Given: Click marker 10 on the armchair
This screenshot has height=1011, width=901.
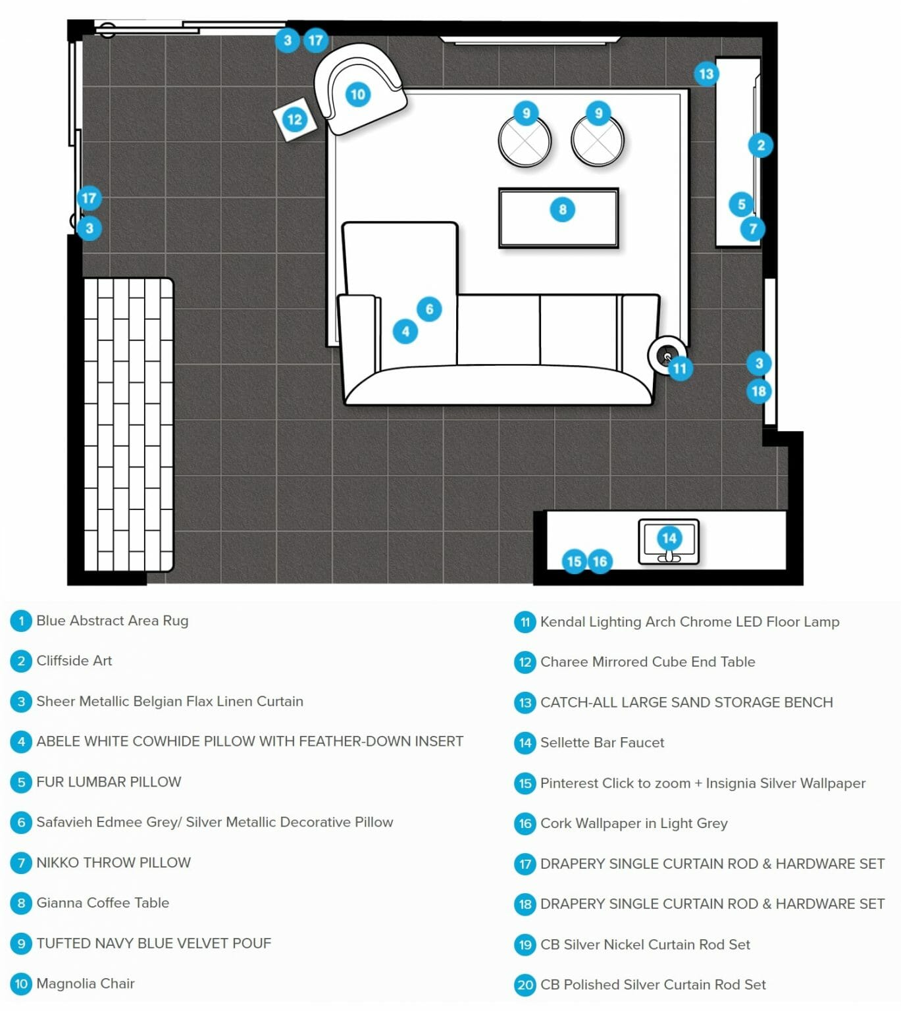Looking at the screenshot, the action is (x=358, y=94).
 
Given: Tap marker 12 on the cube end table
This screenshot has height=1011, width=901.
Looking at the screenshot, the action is (x=294, y=119).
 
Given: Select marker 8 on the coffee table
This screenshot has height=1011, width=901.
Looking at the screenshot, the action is (x=562, y=209).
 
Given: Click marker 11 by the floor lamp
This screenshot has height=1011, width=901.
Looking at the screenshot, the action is (x=679, y=369).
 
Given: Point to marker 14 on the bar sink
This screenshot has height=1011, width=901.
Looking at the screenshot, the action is (x=669, y=538).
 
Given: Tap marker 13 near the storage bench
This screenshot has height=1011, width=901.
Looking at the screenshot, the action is (x=706, y=74).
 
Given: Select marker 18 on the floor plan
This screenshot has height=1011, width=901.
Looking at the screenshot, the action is (x=759, y=391).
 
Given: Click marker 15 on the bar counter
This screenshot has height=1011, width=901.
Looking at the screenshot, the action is (x=574, y=562).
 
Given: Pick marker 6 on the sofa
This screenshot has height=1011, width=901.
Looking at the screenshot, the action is (x=429, y=309).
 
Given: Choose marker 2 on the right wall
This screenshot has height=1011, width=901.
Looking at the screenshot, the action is (x=760, y=145).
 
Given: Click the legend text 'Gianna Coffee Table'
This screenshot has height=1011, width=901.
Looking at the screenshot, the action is (x=103, y=902).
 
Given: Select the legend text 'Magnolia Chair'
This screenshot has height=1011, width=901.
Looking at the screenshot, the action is (x=86, y=983).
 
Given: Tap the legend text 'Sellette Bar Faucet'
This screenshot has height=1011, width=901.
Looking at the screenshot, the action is (x=602, y=742).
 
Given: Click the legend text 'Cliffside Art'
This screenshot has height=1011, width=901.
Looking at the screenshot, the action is (x=74, y=661).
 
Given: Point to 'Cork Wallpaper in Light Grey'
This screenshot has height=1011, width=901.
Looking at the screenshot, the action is (x=634, y=823).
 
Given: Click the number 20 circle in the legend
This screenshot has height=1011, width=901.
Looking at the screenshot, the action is (x=525, y=985).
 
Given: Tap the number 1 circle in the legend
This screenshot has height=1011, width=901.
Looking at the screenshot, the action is (x=21, y=621).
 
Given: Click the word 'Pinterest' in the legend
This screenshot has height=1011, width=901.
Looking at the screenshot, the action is (x=569, y=783).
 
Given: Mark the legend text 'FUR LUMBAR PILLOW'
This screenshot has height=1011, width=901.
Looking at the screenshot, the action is (x=109, y=782).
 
